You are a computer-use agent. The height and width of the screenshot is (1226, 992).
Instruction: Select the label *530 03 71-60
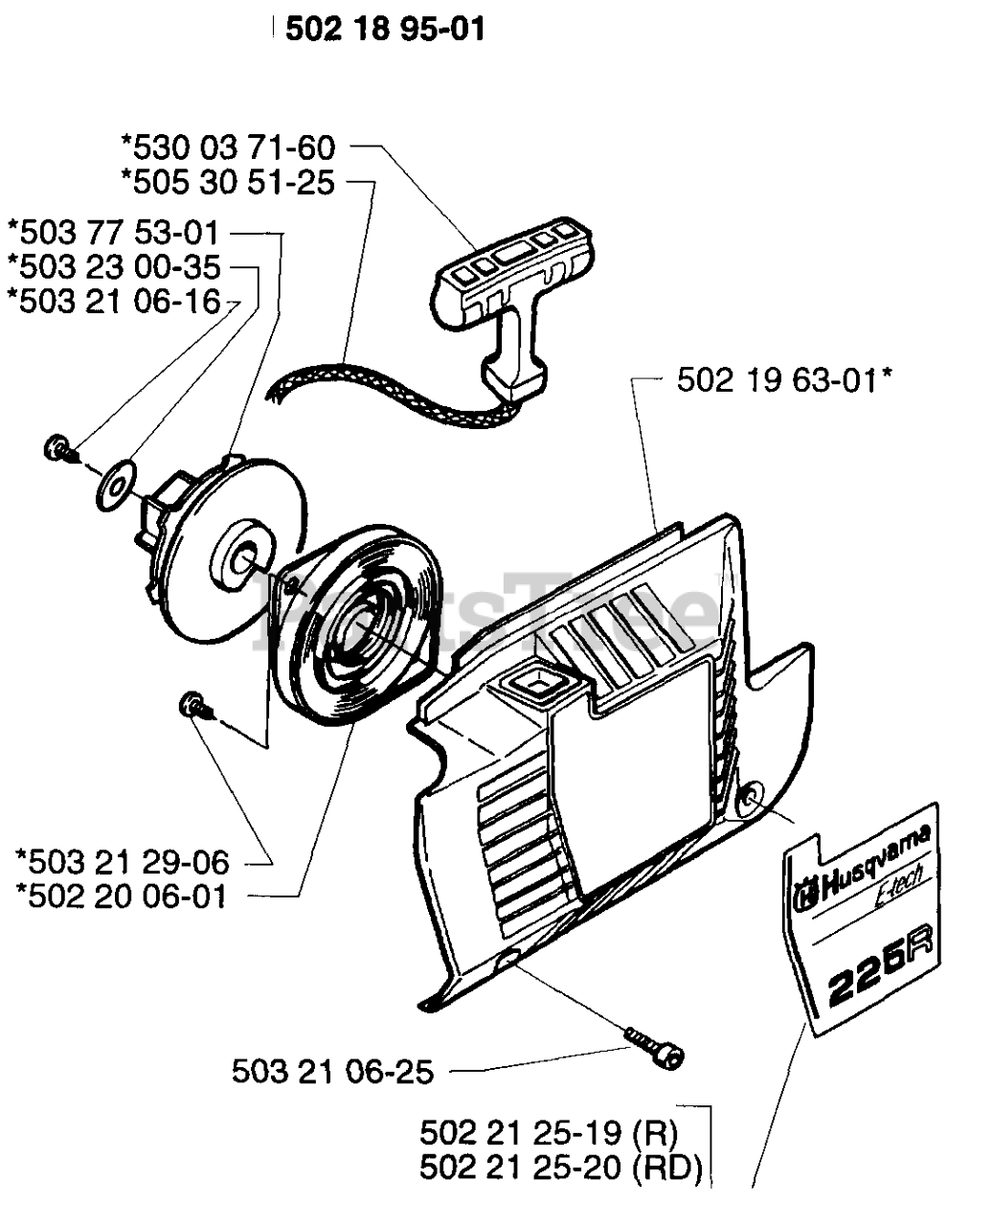pos(228,148)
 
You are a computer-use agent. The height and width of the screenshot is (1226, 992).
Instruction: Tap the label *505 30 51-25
pos(228,181)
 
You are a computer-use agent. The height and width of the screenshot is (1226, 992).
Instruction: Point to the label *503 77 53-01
pos(113,233)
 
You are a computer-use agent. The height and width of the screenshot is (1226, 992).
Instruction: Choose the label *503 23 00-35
pos(113,266)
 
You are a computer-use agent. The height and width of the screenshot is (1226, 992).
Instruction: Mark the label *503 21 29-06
pos(124,862)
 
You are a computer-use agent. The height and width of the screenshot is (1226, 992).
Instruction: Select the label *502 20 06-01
pos(122,897)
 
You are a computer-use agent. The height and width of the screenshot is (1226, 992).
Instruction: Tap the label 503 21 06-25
pos(332,1071)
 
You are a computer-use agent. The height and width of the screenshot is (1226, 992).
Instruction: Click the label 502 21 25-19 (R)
pos(549,1134)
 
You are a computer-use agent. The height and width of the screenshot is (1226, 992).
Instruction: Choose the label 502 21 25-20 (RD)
pos(561,1168)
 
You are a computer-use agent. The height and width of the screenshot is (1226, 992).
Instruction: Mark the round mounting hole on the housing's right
pos(753,796)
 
